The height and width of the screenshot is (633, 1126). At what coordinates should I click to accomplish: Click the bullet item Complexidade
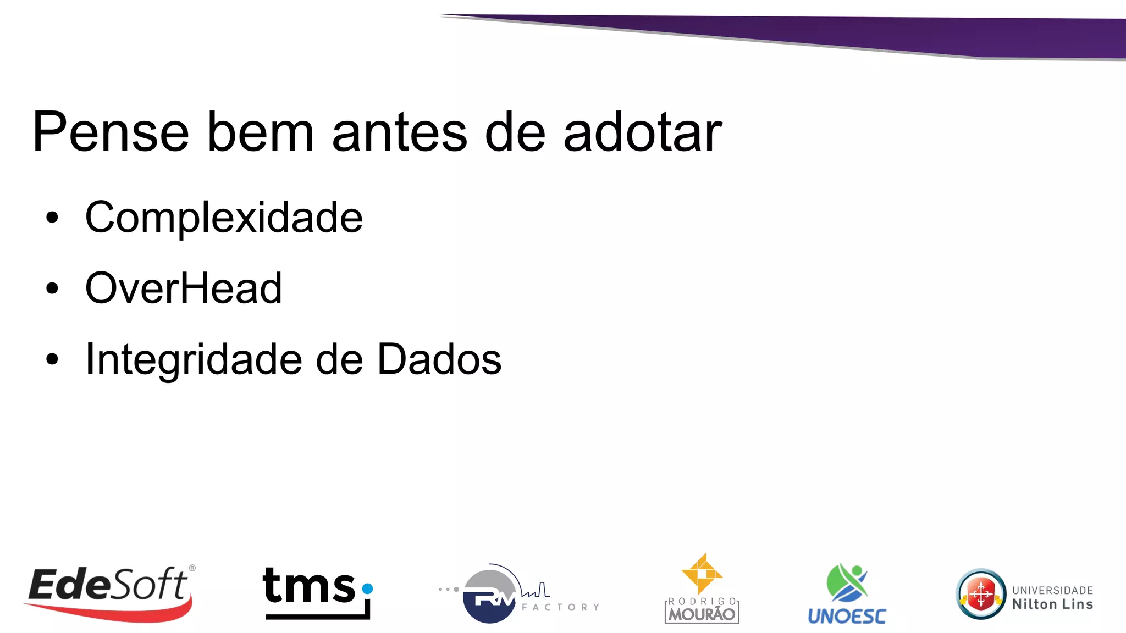(x=224, y=218)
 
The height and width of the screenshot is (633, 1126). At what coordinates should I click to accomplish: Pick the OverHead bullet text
(x=183, y=288)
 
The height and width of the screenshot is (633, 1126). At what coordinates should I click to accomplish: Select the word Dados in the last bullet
(x=439, y=359)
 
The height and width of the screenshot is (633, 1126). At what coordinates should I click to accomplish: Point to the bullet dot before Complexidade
(x=52, y=218)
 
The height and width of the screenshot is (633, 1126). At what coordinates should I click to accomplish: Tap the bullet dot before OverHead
(x=52, y=288)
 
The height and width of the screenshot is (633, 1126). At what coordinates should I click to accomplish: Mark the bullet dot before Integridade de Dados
(x=52, y=359)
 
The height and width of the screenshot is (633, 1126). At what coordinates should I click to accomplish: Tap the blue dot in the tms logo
(x=368, y=588)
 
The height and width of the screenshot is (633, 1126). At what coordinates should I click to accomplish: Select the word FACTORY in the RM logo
(x=560, y=607)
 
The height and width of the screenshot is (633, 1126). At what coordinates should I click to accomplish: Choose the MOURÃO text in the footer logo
(x=702, y=614)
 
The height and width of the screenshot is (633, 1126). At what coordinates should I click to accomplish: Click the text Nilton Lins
(x=1052, y=604)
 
